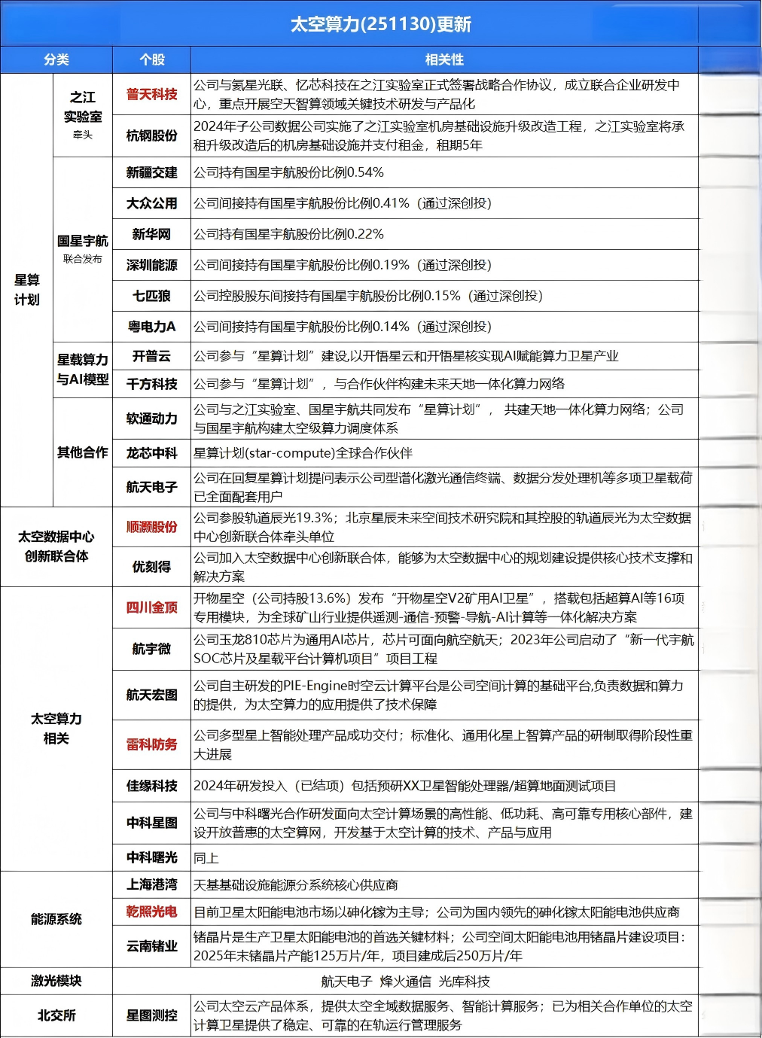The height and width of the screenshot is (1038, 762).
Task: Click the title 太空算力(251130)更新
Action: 380,24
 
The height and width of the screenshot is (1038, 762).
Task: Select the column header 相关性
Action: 444,59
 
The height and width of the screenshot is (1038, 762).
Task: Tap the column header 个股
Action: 152,59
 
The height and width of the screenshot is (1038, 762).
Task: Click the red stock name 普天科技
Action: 152,94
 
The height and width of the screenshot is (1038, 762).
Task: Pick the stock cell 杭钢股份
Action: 152,135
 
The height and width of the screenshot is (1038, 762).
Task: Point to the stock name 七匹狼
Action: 152,296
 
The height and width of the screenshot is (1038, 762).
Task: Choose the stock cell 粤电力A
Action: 152,327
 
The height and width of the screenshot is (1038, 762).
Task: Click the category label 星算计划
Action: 27,290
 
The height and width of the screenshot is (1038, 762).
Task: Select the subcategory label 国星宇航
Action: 83,242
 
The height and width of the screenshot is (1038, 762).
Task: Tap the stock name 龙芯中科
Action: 152,453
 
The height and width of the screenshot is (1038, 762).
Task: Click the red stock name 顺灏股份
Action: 152,527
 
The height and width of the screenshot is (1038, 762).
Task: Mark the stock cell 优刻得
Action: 152,567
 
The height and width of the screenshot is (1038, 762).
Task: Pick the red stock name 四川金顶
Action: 152,607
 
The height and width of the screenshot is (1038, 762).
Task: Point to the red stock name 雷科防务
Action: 152,744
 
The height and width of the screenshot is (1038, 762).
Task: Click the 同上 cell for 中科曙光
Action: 206,858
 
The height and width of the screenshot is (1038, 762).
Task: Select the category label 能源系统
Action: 56,919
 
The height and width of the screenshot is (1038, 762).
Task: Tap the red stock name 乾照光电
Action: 152,912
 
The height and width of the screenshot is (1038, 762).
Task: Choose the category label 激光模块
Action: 56,981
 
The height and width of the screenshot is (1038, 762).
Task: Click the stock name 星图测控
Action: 152,1015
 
